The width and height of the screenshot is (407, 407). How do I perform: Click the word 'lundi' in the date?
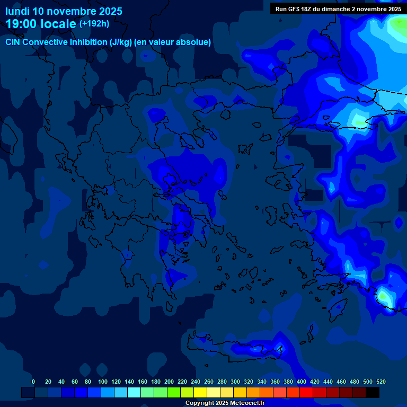[x=17, y=11]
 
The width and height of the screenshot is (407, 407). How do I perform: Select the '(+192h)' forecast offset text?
[x=94, y=24]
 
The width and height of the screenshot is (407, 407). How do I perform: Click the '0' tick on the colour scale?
[x=33, y=382]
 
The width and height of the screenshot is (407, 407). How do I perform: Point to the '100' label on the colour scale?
[x=88, y=382]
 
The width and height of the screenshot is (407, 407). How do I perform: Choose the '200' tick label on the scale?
[x=169, y=382]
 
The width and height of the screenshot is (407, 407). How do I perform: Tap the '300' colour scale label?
[x=235, y=382]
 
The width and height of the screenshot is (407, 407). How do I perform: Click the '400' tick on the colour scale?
[x=302, y=382]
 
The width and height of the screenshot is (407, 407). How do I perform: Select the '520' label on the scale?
[x=381, y=382]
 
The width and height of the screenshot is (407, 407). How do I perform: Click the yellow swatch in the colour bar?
[x=200, y=392]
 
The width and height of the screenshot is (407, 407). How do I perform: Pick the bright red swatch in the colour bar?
[x=306, y=392]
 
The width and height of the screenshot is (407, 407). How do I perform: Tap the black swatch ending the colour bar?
[x=373, y=392]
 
